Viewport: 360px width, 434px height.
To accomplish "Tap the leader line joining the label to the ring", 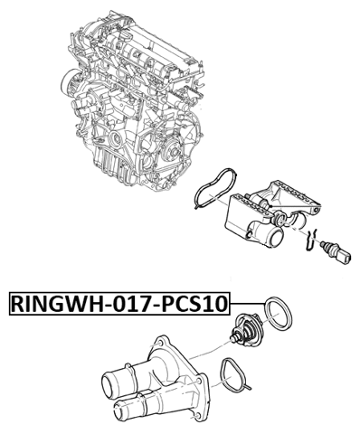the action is (x=244, y=304).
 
